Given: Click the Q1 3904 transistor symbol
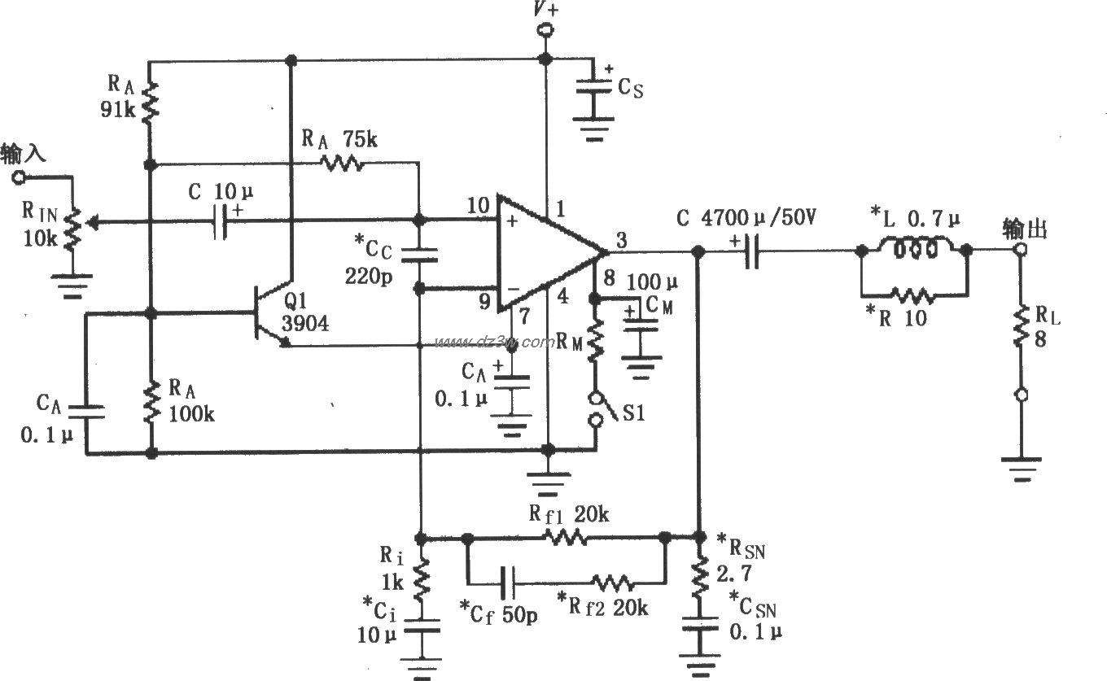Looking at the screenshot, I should pos(273,313).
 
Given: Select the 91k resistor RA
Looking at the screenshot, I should pos(150,101).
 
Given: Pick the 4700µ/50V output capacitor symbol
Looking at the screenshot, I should pos(750,252).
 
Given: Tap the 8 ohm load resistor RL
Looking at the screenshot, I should pos(1019,325).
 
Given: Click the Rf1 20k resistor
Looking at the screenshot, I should pos(565,537).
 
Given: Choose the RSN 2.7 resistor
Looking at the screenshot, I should pos(698,574).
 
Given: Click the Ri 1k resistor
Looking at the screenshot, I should pos(422,579).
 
